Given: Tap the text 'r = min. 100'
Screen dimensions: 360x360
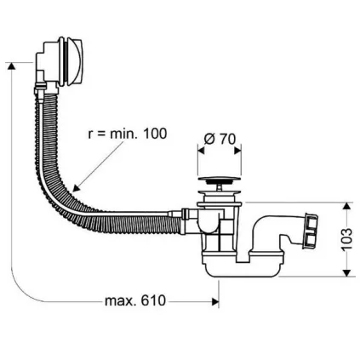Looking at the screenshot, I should pyautogui.click(x=128, y=134).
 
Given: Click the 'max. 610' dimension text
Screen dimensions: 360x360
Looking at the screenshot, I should pyautogui.click(x=134, y=302).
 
